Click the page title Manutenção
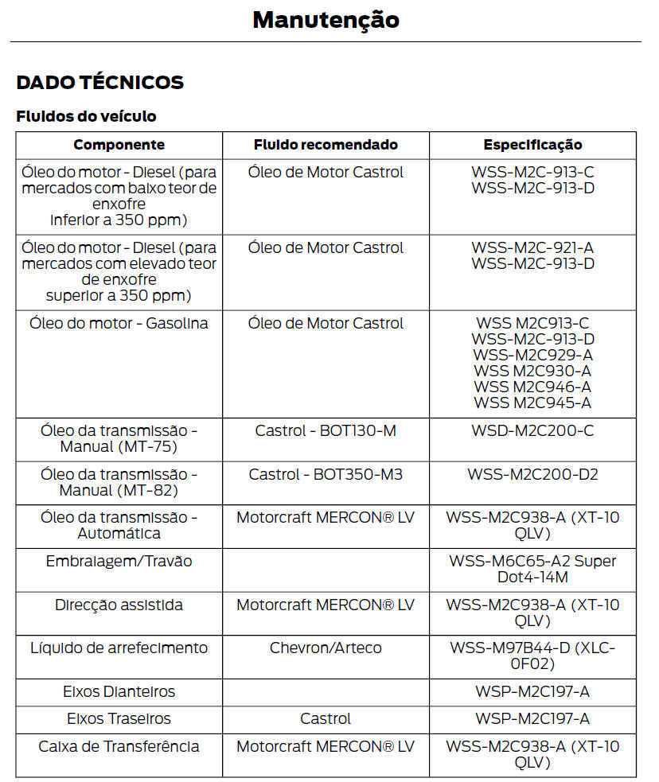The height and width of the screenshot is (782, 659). tap(326, 20)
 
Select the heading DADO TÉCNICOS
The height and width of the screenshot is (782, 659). tap(100, 82)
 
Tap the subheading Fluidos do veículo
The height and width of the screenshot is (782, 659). tap(86, 116)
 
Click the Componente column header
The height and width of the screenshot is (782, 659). tap(119, 145)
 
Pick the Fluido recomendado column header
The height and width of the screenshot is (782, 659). tap(326, 145)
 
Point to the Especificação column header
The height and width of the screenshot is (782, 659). tap(532, 145)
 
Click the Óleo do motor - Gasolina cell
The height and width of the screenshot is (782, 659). tap(119, 324)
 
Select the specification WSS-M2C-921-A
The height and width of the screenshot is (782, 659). tap(532, 248)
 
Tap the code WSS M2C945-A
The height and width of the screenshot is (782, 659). tap(532, 403)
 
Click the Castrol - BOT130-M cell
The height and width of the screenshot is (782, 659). tap(326, 430)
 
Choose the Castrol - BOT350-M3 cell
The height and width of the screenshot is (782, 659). tap(326, 474)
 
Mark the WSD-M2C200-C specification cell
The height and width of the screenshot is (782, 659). tap(532, 430)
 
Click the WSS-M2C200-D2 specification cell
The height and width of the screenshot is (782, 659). tap(532, 474)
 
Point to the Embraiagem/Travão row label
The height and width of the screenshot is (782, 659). tap(119, 561)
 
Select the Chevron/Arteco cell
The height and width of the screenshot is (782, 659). tap(326, 648)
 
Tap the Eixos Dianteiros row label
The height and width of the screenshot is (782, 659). tap(119, 691)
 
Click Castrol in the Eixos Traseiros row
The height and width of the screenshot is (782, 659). tap(326, 718)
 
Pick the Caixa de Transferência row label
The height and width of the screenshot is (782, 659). tap(119, 746)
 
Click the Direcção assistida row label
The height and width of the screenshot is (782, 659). tap(119, 605)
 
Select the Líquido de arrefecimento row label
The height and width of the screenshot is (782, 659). tap(119, 648)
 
